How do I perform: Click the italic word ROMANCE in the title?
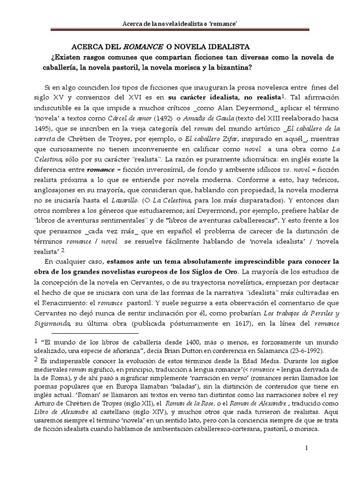143,47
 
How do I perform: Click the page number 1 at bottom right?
307,448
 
